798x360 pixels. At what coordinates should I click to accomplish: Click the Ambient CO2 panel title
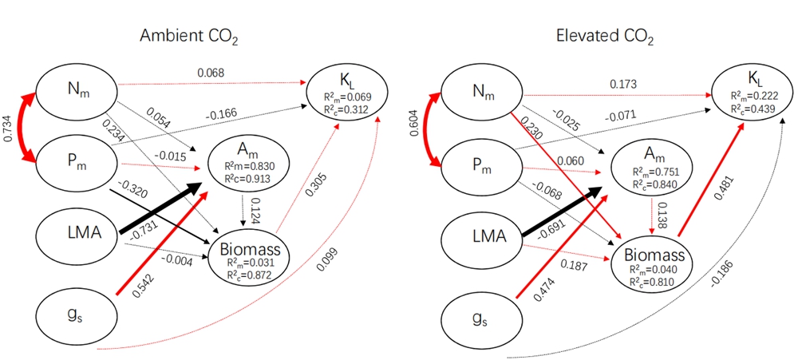[189, 37]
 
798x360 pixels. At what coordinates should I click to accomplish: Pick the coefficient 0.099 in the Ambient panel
[324, 272]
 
